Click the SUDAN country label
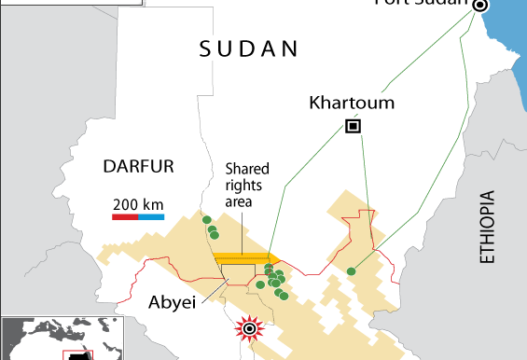coord(249,49)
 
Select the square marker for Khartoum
coord(353,127)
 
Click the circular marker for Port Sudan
coord(479,6)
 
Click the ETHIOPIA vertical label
coord(485,229)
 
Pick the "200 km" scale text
coord(138,203)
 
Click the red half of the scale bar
coord(125,216)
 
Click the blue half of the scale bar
coord(151,216)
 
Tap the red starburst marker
coord(249,327)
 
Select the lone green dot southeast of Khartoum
coord(351,271)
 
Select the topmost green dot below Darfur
coord(206,220)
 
